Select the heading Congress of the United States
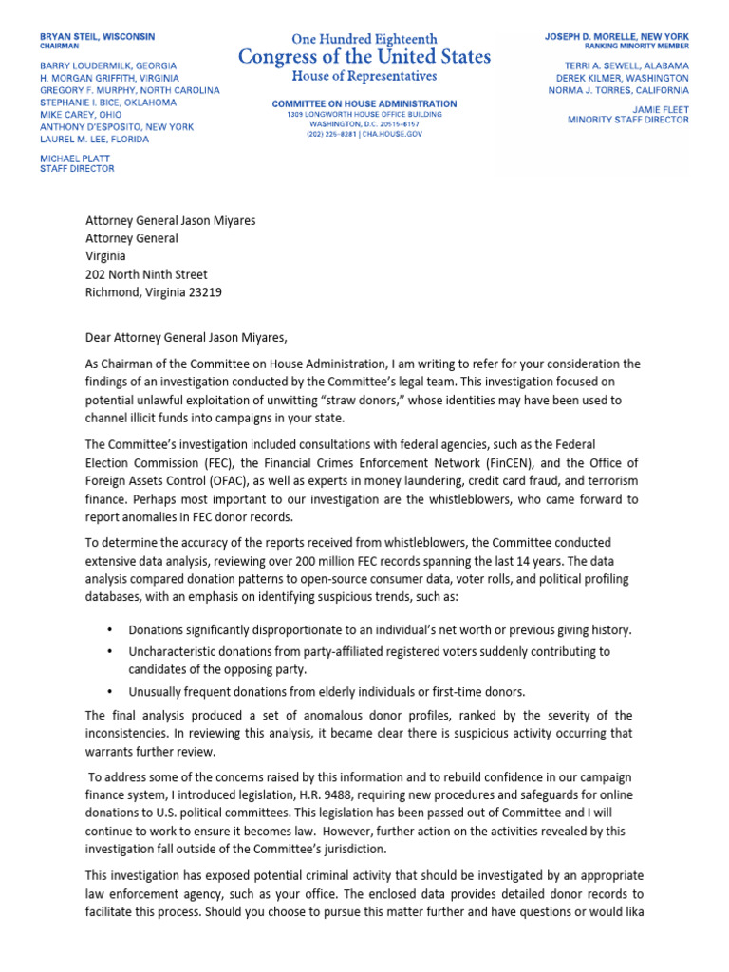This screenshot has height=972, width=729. pyautogui.click(x=364, y=56)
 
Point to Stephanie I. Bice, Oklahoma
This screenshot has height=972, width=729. pyautogui.click(x=108, y=103)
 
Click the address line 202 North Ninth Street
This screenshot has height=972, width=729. pyautogui.click(x=146, y=275)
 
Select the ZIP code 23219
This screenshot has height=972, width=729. pyautogui.click(x=203, y=292)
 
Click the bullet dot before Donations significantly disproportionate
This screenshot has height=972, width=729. pyautogui.click(x=110, y=630)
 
